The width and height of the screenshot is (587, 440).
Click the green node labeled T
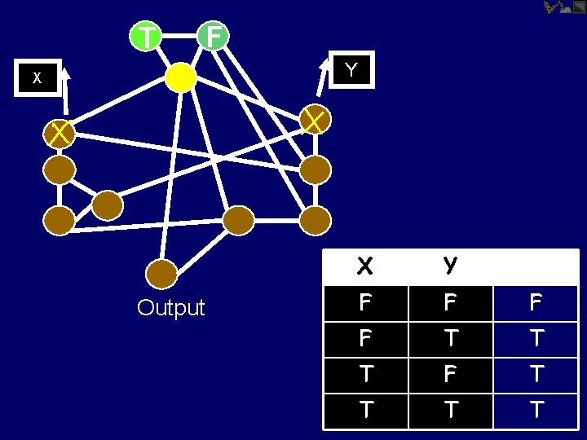click(x=145, y=36)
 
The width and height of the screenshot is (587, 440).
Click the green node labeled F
click(x=214, y=36)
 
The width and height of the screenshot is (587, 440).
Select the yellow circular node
click(x=180, y=77)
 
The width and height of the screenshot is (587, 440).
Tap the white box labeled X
click(x=37, y=78)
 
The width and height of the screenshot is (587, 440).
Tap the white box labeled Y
click(x=351, y=70)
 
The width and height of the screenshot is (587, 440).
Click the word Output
click(x=171, y=308)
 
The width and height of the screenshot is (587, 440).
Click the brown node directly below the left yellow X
click(x=60, y=169)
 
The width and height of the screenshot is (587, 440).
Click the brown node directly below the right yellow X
click(x=316, y=169)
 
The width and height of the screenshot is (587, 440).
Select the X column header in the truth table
click(x=365, y=266)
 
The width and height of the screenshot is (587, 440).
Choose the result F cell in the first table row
click(x=536, y=302)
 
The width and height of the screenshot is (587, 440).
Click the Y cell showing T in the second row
click(x=450, y=338)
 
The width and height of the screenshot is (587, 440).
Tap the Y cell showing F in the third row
click(x=450, y=374)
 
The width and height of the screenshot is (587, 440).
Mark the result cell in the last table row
click(x=536, y=410)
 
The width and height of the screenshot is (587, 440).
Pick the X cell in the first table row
click(x=365, y=302)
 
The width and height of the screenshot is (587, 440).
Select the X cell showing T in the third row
click(x=365, y=374)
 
